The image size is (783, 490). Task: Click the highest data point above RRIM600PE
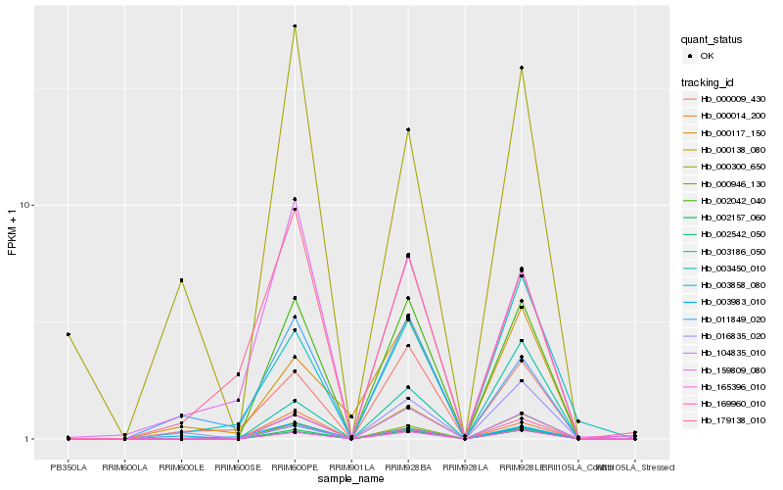point(295,26)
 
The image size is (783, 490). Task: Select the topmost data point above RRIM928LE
point(522,68)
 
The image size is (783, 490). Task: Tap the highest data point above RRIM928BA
point(408,129)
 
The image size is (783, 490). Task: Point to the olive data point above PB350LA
point(68,334)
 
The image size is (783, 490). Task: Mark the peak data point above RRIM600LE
point(181,280)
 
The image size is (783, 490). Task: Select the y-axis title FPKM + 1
point(13,231)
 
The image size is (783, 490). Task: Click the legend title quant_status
point(712,40)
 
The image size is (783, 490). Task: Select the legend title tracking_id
point(709,81)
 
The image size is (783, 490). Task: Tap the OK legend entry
point(708,57)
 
